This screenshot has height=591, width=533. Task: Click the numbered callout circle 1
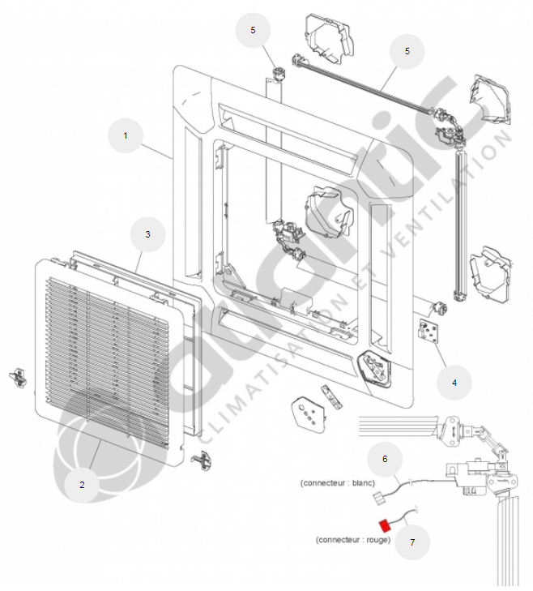click(x=125, y=136)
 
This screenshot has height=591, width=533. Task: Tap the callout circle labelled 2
click(x=82, y=485)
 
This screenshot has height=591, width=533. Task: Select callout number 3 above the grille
click(x=147, y=233)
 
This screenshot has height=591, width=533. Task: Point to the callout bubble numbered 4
click(x=454, y=382)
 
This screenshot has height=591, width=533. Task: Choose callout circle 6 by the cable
click(x=385, y=459)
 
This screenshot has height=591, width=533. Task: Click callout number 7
click(x=412, y=542)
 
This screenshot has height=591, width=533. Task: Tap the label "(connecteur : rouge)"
click(x=353, y=540)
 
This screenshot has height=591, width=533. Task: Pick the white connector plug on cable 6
click(x=375, y=497)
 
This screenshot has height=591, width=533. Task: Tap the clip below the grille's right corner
click(x=201, y=460)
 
